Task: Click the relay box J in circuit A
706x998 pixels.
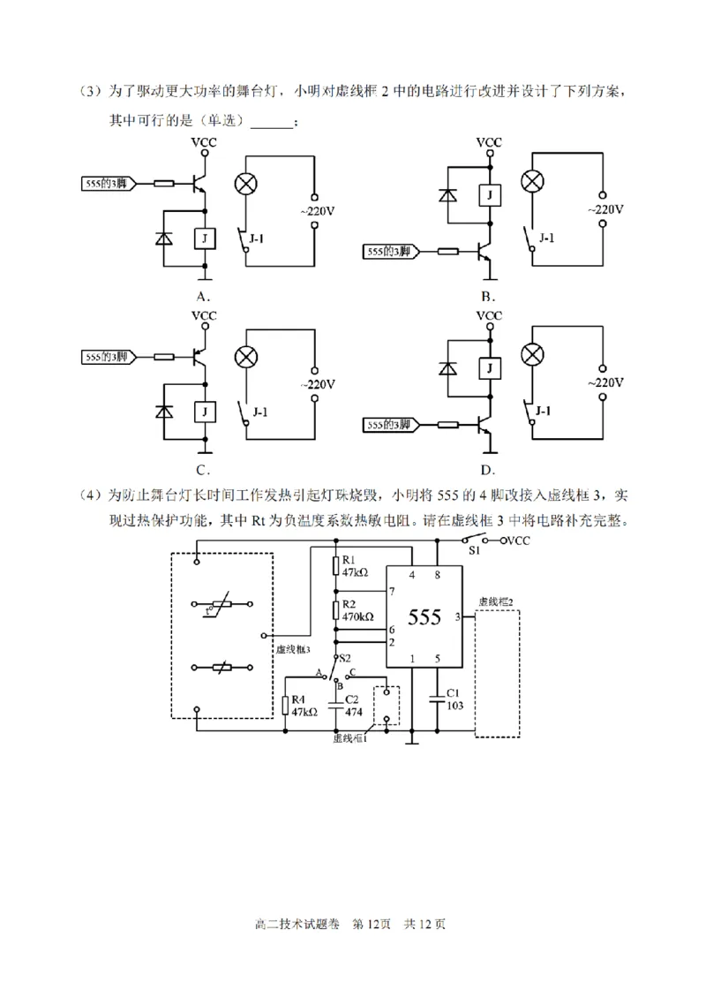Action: click(x=205, y=238)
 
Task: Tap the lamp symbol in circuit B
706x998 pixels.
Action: click(x=531, y=181)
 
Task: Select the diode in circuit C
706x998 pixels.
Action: click(x=164, y=412)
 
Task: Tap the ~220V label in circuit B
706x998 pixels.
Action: click(x=605, y=210)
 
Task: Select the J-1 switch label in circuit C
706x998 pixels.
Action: click(x=261, y=411)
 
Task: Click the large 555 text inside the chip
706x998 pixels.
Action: click(x=424, y=616)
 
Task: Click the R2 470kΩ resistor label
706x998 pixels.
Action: click(x=357, y=610)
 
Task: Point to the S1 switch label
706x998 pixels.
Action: click(x=474, y=550)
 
